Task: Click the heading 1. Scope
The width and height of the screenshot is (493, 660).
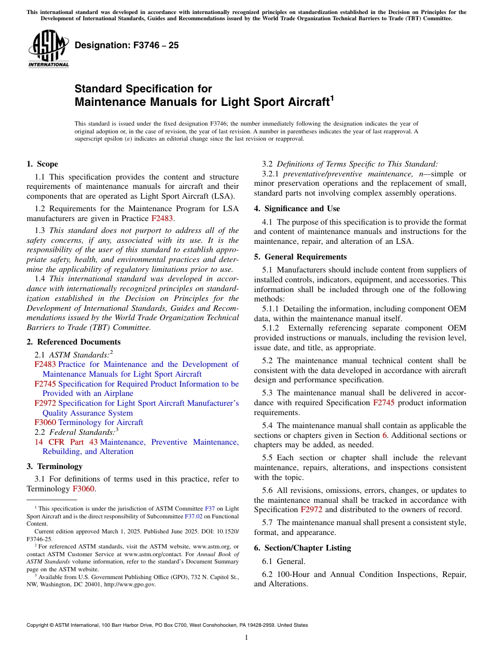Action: coord(42,164)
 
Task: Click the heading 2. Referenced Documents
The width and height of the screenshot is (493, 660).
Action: coord(73,342)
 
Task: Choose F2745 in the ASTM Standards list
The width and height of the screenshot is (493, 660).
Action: coord(45,384)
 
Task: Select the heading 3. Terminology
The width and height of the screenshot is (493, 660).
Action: coord(54,466)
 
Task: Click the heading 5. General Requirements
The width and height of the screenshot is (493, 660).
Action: coord(300,257)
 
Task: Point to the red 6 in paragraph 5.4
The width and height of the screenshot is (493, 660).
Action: coord(385,435)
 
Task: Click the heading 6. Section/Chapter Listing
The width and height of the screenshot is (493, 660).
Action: coord(302,548)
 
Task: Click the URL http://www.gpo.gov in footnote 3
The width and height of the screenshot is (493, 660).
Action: coord(130,584)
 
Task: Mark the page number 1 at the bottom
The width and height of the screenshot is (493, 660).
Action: coord(246,638)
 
